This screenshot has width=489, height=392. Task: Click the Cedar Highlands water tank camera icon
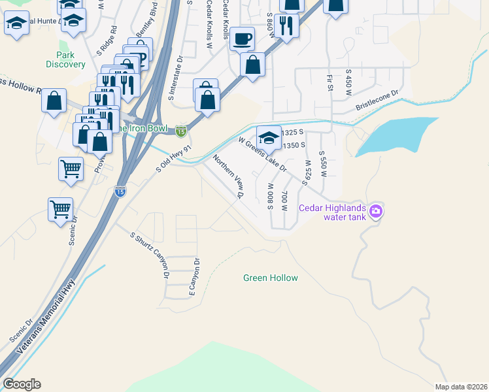click(x=376, y=211)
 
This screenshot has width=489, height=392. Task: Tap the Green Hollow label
click(x=270, y=278)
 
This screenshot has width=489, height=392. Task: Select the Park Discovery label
click(x=65, y=59)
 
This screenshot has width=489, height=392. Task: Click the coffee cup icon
click(x=242, y=39)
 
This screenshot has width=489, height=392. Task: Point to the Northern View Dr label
click(x=228, y=176)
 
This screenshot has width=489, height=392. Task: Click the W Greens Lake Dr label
click(x=263, y=154)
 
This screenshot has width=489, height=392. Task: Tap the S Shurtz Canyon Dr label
click(x=150, y=255)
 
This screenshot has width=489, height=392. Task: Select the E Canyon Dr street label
click(x=194, y=277)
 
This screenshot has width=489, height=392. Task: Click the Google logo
click(x=22, y=384)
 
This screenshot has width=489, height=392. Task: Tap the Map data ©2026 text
click(x=461, y=386)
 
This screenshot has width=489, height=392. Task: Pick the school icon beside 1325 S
click(x=269, y=137)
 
